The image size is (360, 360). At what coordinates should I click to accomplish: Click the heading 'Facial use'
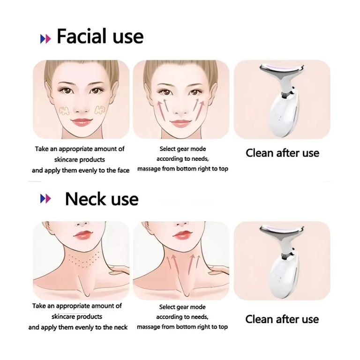100,36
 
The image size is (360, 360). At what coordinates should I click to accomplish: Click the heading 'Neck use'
102,199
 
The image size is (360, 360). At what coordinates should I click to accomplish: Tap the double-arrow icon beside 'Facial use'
45,39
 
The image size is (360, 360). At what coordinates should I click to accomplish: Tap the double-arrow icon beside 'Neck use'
45,199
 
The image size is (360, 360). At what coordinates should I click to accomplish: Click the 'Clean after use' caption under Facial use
282,153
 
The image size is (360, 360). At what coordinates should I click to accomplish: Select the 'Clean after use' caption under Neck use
282,319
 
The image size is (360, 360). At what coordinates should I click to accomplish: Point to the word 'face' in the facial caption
123,170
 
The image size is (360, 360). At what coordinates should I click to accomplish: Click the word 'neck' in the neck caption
120,327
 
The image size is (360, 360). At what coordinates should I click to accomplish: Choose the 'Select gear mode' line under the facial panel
183,149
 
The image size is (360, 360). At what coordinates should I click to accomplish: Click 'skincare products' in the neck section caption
77,316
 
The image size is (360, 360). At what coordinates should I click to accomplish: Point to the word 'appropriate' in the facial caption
75,149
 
